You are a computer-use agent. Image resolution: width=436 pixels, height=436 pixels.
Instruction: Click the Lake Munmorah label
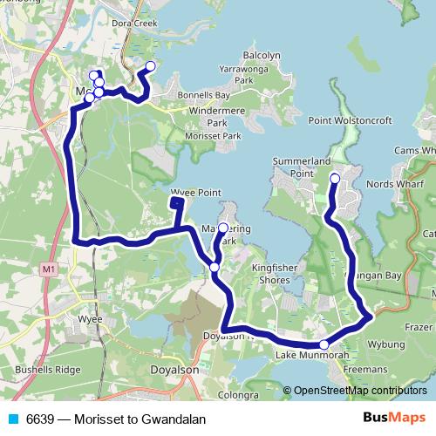coord(304,355)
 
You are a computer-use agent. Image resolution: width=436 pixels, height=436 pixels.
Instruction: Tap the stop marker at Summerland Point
coord(335,179)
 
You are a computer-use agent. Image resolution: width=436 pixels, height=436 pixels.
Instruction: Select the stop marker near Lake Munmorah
coord(324,344)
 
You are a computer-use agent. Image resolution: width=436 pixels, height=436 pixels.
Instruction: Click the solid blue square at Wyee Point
coord(176,203)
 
